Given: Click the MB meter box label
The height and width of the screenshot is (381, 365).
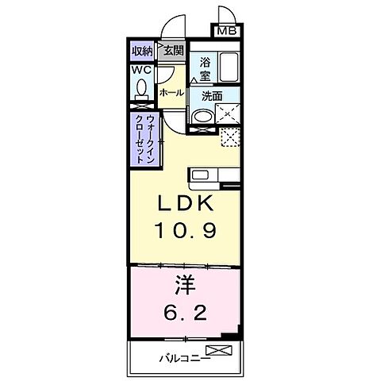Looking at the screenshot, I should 227,32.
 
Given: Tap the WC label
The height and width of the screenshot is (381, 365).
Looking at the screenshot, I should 141,70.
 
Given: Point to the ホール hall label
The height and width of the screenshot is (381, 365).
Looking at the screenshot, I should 172,93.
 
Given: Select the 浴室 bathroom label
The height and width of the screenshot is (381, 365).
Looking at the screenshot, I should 205,68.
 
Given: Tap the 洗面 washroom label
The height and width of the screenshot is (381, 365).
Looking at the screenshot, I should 211,96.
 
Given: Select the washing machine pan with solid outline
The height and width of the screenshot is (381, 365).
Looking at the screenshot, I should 229,116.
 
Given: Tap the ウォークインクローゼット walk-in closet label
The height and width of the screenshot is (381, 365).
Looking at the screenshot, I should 145,139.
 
